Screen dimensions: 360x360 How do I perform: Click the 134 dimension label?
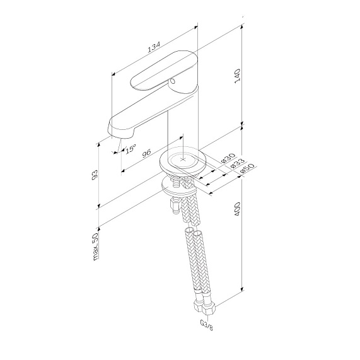[154, 47]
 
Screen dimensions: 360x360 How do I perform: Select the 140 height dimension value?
[238, 76]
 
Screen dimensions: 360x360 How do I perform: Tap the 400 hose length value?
[237, 209]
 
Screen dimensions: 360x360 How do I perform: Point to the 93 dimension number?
[95, 175]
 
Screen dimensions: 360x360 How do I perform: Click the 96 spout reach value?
[146, 153]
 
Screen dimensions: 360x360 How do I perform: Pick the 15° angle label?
[131, 149]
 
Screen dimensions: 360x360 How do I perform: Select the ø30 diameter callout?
[228, 158]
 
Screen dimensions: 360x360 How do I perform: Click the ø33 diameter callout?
[238, 163]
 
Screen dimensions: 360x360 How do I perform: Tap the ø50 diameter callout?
[247, 168]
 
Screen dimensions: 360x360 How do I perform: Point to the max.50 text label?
[95, 246]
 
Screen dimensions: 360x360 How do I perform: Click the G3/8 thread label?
[206, 325]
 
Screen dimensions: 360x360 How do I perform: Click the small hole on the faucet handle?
[172, 81]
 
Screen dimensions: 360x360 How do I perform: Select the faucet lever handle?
[163, 71]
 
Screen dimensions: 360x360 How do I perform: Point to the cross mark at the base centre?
[183, 159]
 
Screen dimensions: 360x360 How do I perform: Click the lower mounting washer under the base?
[179, 187]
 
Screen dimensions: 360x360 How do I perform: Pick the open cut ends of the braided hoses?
[194, 232]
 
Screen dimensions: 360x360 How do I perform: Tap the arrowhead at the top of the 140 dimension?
[241, 27]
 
